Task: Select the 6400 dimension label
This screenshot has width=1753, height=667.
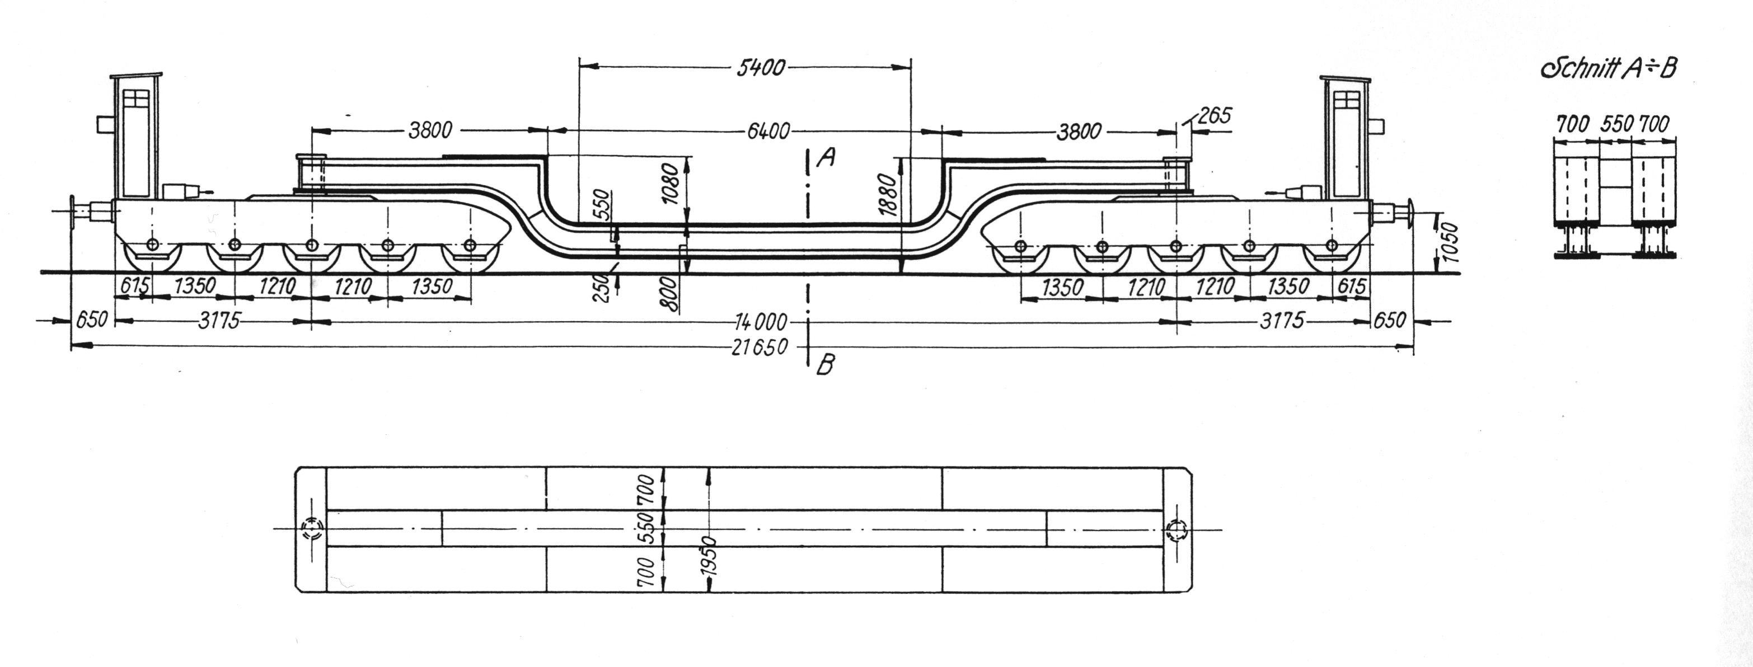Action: (769, 131)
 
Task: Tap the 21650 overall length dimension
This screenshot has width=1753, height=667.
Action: (760, 347)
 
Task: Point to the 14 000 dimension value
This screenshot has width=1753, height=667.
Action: (762, 321)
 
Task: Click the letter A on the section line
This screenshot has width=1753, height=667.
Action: (826, 158)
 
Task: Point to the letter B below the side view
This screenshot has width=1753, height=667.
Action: (826, 365)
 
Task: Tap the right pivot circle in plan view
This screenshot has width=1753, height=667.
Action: (1175, 529)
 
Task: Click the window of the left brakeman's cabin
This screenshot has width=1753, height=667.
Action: (136, 98)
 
